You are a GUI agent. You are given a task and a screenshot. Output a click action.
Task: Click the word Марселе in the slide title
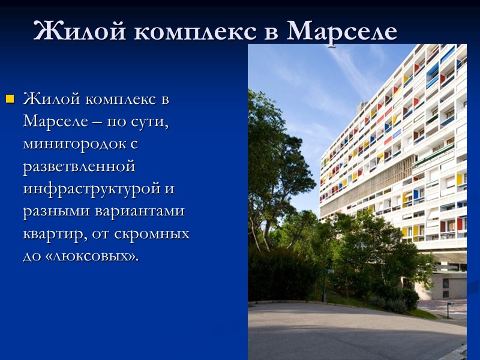point(342,31)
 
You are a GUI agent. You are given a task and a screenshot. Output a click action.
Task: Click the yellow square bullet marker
point(9,98)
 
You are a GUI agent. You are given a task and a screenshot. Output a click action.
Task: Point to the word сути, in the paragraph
point(147,122)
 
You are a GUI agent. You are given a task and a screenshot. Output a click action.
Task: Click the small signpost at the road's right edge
point(449,309)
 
